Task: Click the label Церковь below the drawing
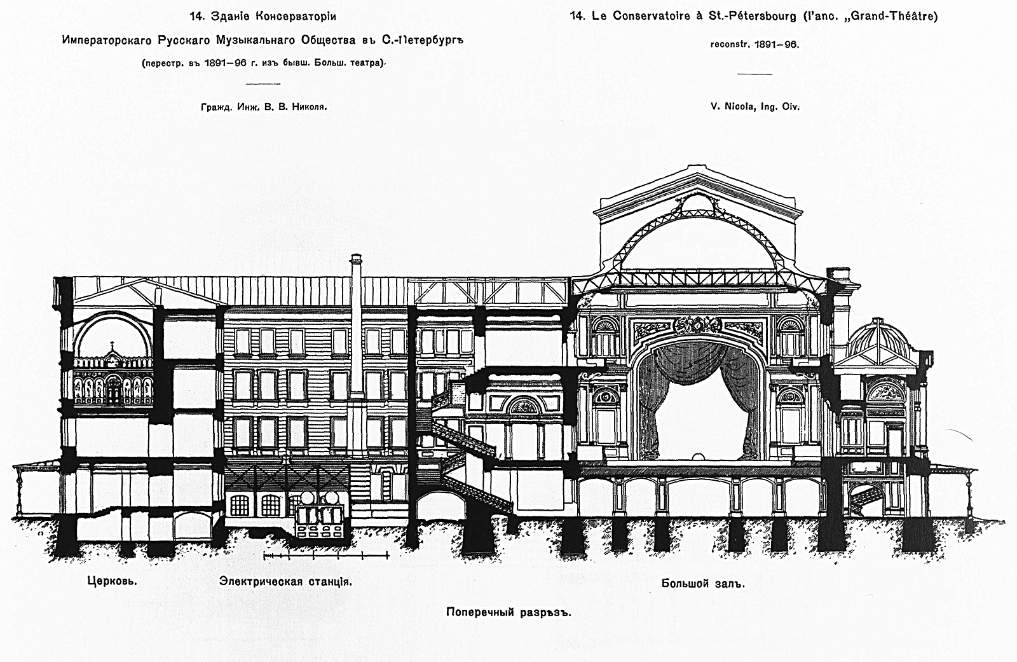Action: coord(112,581)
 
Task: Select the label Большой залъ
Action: coord(702,583)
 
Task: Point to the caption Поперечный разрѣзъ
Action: coord(509,612)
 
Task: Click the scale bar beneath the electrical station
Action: coord(325,556)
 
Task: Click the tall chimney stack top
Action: coord(356,259)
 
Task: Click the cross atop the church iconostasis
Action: coord(113,347)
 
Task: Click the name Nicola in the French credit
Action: coord(734,107)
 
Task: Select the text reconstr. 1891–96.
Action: coord(754,45)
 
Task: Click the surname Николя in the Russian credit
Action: coord(310,107)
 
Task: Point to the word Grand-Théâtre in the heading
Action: coord(900,17)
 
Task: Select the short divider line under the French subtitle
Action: coord(754,74)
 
